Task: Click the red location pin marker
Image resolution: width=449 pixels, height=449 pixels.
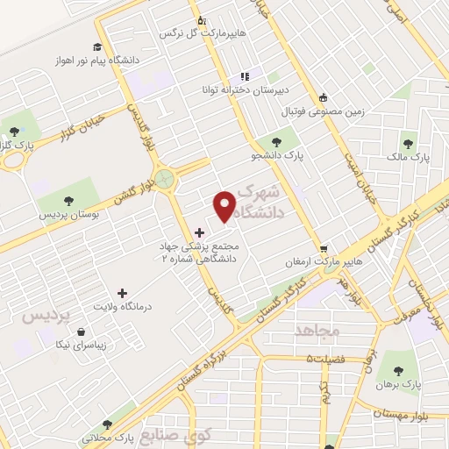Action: click(225, 207)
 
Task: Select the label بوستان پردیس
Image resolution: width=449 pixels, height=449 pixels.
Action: click(69, 214)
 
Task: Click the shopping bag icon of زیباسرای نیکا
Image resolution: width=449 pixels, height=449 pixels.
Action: click(82, 332)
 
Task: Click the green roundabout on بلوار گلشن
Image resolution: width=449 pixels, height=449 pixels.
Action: click(167, 180)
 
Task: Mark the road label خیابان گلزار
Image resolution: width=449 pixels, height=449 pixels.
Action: click(82, 128)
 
